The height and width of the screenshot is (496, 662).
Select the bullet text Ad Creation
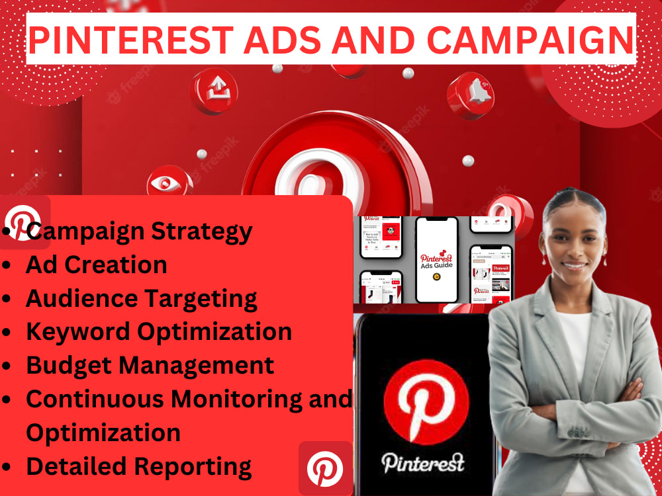click(96, 265)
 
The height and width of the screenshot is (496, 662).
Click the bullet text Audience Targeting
click(141, 298)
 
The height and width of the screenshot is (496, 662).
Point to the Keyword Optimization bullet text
click(158, 331)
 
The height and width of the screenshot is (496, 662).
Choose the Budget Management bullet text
click(150, 365)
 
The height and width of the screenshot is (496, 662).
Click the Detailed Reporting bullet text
click(138, 466)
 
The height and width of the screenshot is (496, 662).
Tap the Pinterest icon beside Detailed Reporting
click(325, 469)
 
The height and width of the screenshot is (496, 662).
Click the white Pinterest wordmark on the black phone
click(422, 461)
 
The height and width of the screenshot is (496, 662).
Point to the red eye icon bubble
click(165, 183)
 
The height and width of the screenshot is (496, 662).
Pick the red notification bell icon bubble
click(471, 95)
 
